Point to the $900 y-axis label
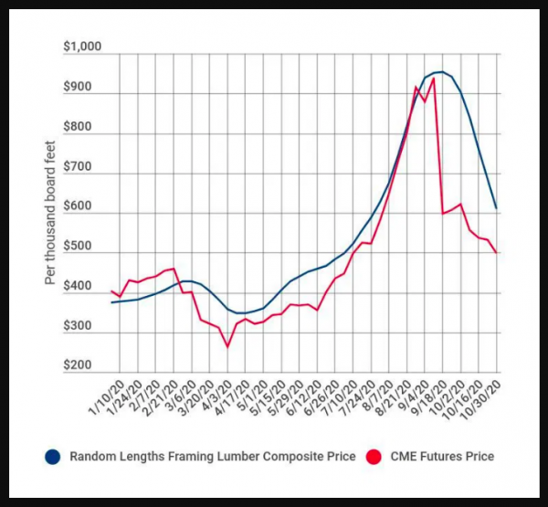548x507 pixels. click(85, 92)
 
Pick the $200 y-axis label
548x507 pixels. click(85, 365)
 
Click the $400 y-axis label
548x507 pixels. click(85, 287)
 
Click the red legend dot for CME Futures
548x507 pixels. click(373, 456)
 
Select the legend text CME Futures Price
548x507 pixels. click(441, 456)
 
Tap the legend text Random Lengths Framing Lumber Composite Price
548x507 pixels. click(207, 456)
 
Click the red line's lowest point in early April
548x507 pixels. click(227, 346)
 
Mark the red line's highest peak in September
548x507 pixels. click(433, 79)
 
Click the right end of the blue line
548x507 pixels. click(496, 208)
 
